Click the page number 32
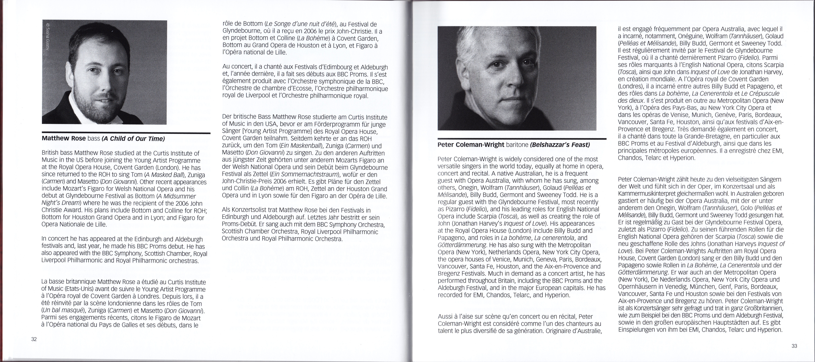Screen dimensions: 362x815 pyautogui.click(x=34, y=339)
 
